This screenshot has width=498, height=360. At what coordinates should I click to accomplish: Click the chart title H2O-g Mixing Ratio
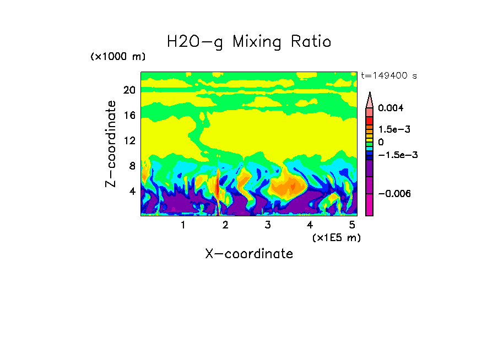[x=249, y=41]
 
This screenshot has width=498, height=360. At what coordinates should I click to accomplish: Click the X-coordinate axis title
[x=249, y=254]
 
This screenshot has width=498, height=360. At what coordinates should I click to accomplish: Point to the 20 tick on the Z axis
[x=129, y=90]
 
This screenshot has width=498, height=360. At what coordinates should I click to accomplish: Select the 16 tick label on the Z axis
[x=129, y=116]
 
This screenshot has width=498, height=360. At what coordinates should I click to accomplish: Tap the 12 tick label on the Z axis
[x=129, y=141]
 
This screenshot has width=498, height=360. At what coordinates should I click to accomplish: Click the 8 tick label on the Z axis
[x=132, y=166]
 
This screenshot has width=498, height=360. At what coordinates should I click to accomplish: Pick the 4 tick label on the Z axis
[x=132, y=192]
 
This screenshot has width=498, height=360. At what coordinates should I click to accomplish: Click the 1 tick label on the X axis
[x=183, y=225]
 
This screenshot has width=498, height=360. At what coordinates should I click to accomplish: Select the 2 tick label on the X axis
[x=225, y=225]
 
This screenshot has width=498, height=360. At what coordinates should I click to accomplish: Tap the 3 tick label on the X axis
[x=268, y=225]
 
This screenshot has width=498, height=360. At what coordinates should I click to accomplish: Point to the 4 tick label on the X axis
[x=310, y=225]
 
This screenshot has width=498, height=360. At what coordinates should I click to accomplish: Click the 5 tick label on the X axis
[x=353, y=225]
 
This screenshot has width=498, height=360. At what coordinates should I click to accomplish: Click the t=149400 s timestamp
[x=388, y=76]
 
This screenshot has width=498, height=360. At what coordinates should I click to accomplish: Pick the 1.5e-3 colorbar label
[x=391, y=129]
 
